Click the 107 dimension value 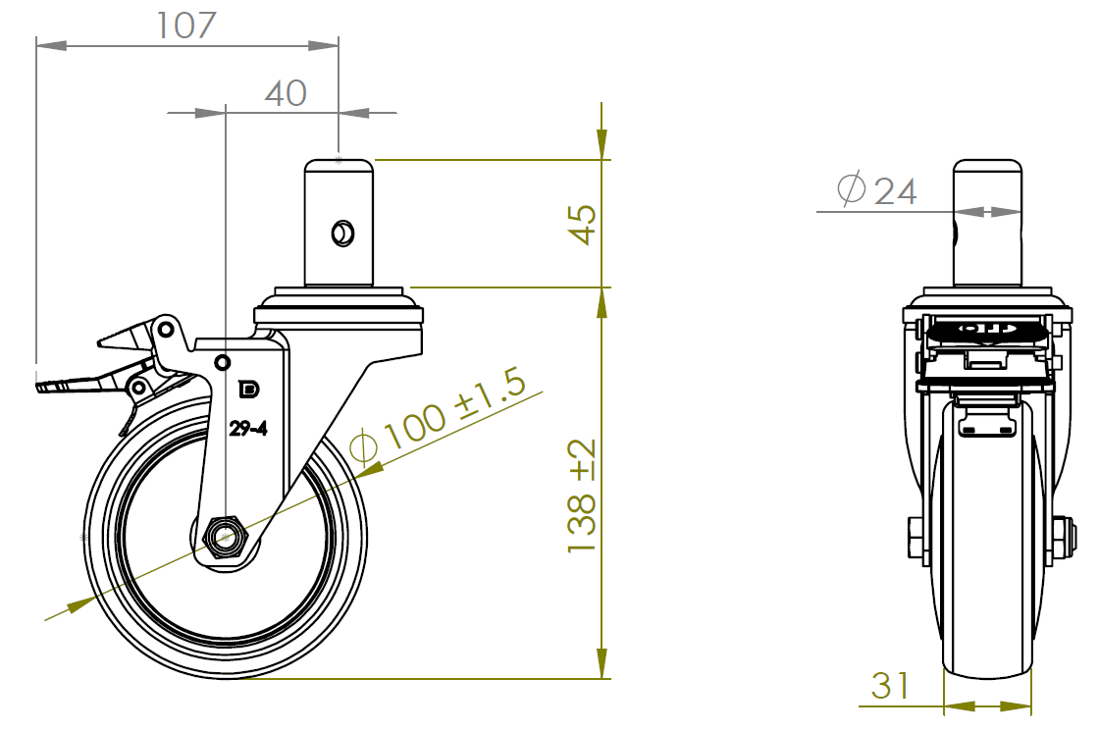pos(185,26)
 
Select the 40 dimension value pos(286,93)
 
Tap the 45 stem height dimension pos(583,224)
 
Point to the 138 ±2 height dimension pos(583,496)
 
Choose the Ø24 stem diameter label pos(876,189)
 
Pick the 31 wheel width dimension pos(890,686)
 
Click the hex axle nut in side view pos(225,537)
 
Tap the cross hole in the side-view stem pos(342,234)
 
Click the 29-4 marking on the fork pos(248,428)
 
